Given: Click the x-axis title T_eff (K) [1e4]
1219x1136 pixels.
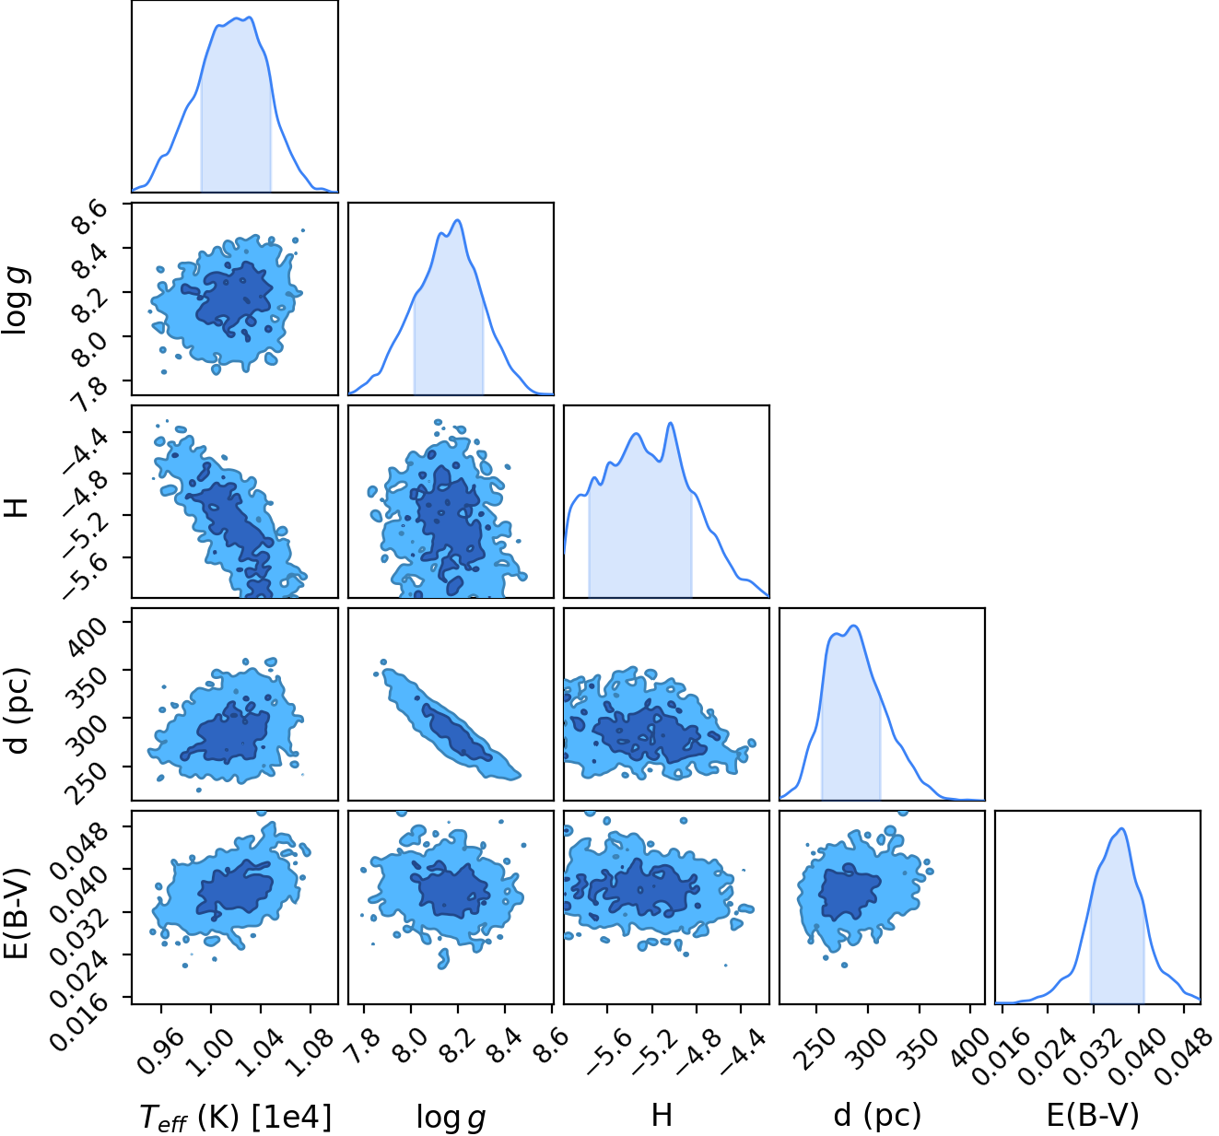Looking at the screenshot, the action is pyautogui.click(x=236, y=1116).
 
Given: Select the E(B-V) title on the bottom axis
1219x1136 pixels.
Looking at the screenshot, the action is pyautogui.click(x=1093, y=1115).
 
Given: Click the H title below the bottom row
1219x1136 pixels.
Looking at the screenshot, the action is pyautogui.click(x=662, y=1115).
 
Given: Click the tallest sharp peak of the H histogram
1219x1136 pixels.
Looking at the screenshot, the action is pyautogui.click(x=670, y=423).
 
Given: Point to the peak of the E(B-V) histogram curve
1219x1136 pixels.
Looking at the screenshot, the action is pyautogui.click(x=1122, y=829).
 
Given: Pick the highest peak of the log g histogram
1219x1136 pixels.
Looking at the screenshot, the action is pyautogui.click(x=458, y=220).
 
